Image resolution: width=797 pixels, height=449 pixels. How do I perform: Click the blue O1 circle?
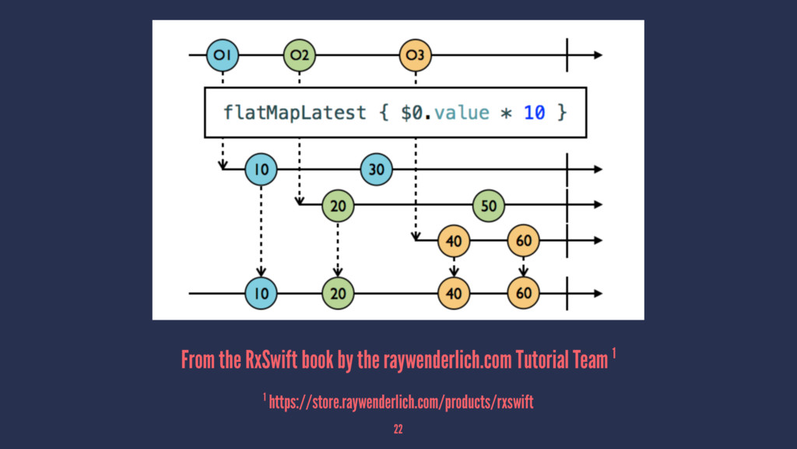(x=222, y=55)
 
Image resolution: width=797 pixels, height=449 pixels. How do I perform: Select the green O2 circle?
(x=300, y=55)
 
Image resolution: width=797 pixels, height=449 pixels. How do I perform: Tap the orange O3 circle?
(x=415, y=55)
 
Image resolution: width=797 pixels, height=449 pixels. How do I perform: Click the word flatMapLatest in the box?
(x=294, y=112)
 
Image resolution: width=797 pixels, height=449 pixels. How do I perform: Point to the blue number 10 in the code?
(x=534, y=112)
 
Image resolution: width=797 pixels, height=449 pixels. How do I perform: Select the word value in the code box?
(x=462, y=112)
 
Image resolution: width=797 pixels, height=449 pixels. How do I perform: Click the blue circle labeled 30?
(x=377, y=168)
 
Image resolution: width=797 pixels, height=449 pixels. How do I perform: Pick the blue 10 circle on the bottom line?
(x=261, y=293)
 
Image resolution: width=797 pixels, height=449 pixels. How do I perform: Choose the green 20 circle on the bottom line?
(x=338, y=293)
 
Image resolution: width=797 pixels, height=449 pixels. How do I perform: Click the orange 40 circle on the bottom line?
(x=453, y=293)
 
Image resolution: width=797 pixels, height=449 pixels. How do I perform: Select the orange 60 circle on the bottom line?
(x=523, y=293)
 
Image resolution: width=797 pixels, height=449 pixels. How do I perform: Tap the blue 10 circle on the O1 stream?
(x=261, y=168)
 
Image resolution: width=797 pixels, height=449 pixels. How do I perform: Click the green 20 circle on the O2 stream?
(x=338, y=205)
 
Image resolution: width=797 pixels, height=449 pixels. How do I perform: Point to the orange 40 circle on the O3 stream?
(x=453, y=241)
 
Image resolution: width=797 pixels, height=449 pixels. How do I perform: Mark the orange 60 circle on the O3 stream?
(x=523, y=241)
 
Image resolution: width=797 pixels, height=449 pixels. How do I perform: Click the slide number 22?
(x=398, y=429)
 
